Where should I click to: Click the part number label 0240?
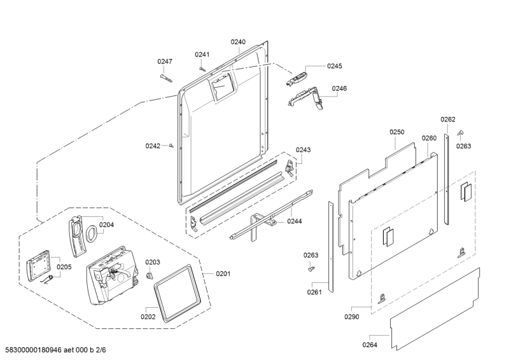pyautogui.click(x=238, y=42)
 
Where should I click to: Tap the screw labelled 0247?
pyautogui.click(x=167, y=78)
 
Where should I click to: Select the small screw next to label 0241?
pyautogui.click(x=202, y=69)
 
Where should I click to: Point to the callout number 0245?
pyautogui.click(x=335, y=66)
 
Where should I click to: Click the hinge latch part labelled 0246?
pyautogui.click(x=305, y=98)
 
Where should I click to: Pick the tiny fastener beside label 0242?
pyautogui.click(x=171, y=146)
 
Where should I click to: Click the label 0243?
pyautogui.click(x=303, y=149)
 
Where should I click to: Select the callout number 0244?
pyautogui.click(x=295, y=221)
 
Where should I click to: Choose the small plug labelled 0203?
pyautogui.click(x=150, y=276)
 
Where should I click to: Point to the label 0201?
pyautogui.click(x=223, y=273)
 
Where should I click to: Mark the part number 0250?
pyautogui.click(x=397, y=132)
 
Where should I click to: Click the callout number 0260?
pyautogui.click(x=429, y=138)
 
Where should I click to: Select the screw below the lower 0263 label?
pyautogui.click(x=311, y=268)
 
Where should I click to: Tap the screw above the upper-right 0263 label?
pyautogui.click(x=460, y=133)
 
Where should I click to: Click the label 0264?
pyautogui.click(x=370, y=345)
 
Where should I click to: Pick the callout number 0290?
pyautogui.click(x=352, y=317)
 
